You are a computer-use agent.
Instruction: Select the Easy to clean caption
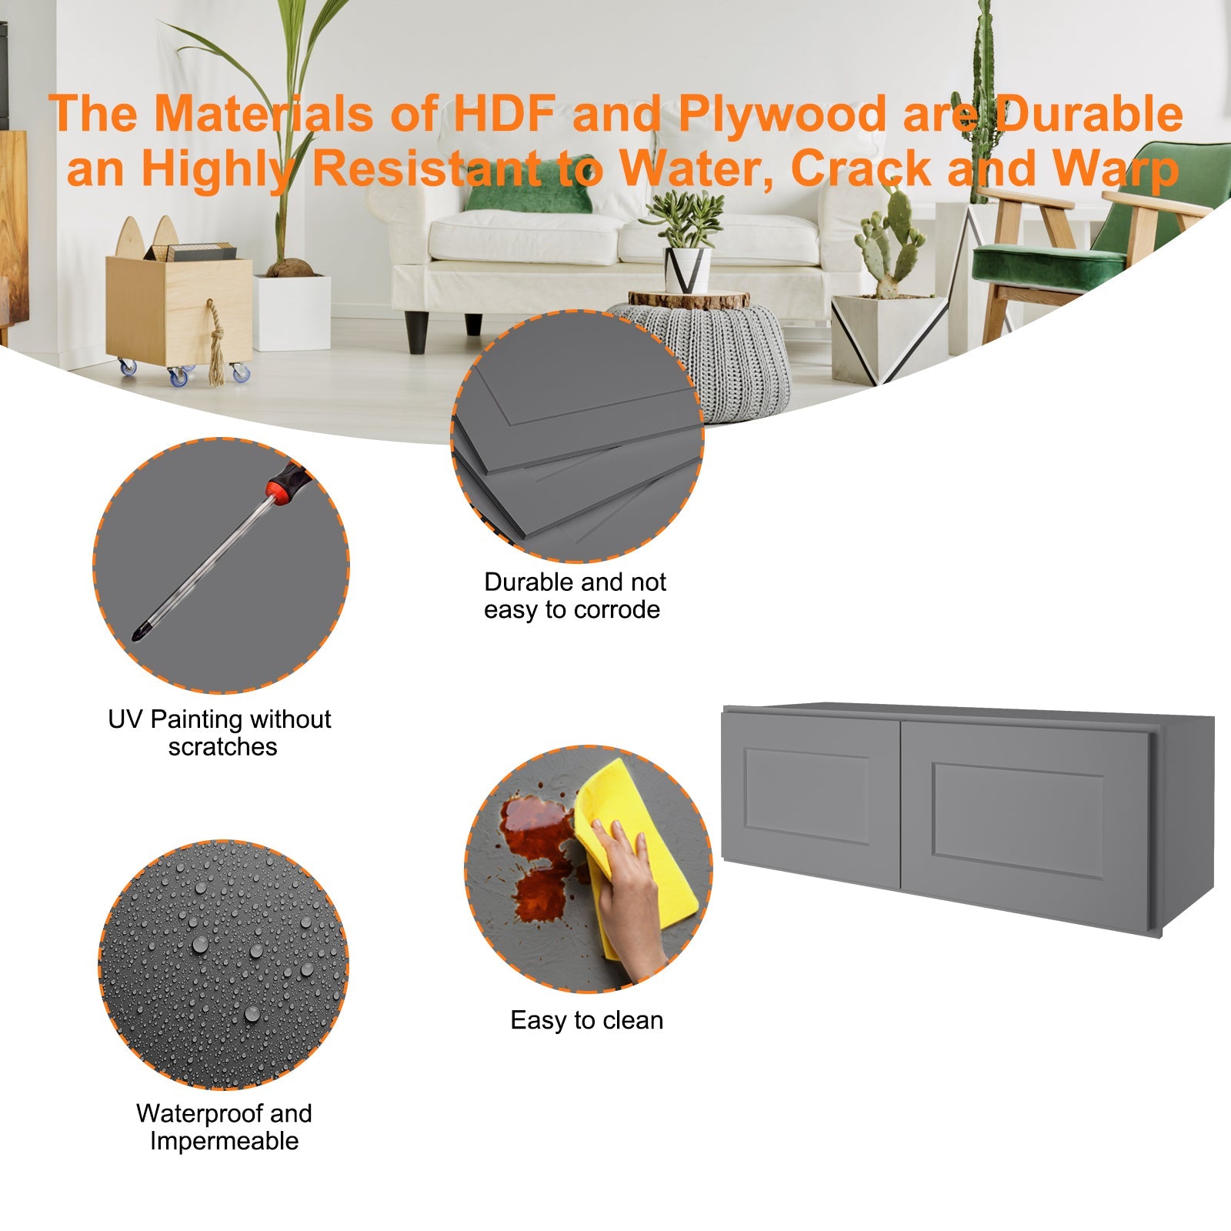587,1020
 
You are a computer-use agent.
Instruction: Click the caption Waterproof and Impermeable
224,1127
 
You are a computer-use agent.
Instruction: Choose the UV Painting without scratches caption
220,732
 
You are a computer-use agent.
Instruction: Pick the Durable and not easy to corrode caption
574,595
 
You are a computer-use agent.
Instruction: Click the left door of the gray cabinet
810,800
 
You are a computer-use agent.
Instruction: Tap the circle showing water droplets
224,964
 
